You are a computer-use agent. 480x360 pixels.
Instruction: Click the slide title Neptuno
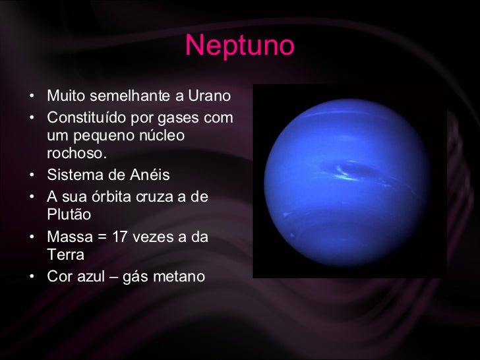(x=239, y=46)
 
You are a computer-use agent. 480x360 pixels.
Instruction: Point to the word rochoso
(x=76, y=154)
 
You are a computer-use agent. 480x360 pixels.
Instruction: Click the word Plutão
(x=69, y=215)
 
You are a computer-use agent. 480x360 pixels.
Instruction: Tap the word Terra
(x=66, y=255)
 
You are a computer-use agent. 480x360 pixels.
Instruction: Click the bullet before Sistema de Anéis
(x=32, y=176)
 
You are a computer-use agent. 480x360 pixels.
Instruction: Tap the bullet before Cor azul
(x=32, y=277)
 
